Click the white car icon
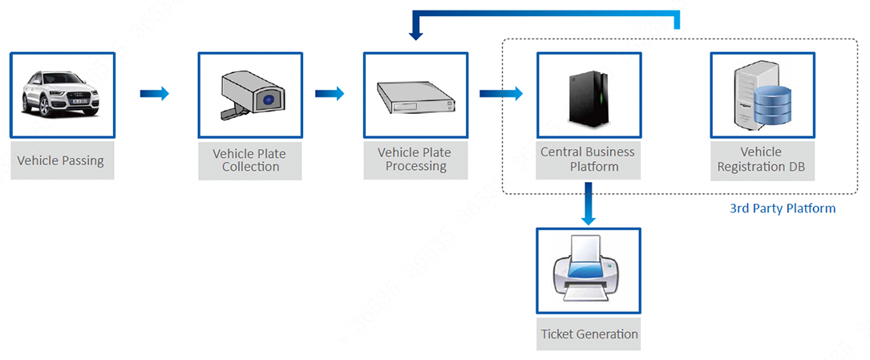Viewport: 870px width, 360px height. [60, 94]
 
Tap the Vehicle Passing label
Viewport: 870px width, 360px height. [60, 161]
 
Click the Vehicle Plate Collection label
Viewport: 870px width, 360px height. [249, 160]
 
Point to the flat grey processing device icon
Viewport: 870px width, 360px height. [415, 97]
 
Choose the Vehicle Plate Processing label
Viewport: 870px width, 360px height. [415, 160]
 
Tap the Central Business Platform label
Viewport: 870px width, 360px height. [588, 160]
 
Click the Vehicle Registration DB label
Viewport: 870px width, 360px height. [761, 160]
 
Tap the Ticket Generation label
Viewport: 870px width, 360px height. [589, 334]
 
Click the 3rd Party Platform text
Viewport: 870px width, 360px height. [783, 208]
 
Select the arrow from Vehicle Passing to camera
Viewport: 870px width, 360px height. [154, 93]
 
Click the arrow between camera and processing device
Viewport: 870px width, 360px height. [330, 93]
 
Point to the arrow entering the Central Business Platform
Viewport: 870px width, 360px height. [501, 93]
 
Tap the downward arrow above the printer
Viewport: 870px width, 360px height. [588, 204]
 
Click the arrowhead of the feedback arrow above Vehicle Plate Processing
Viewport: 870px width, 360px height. [416, 35]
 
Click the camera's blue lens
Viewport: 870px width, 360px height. [269, 100]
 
